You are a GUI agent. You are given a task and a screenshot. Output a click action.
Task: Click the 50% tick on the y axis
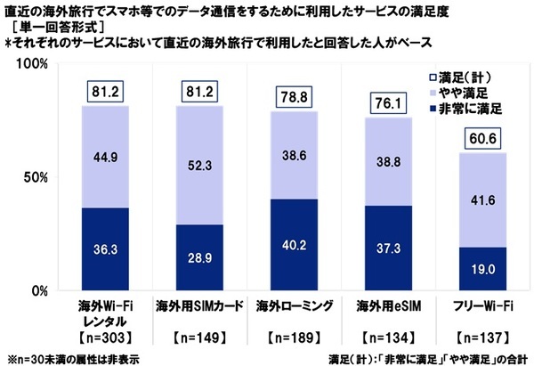click(36, 178)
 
